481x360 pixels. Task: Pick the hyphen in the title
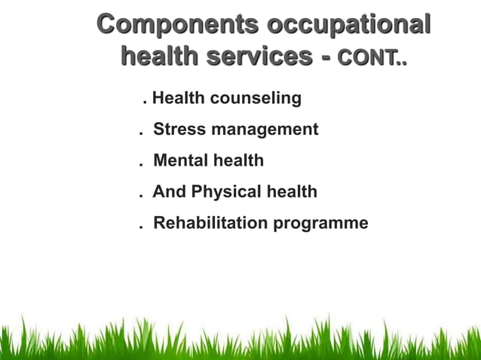click(326, 56)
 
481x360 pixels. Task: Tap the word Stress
click(179, 129)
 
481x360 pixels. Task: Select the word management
click(265, 130)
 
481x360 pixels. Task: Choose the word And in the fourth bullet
click(169, 192)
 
